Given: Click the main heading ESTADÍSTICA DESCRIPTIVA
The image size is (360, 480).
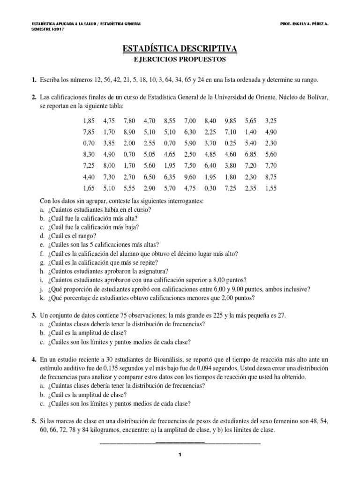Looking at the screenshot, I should pyautogui.click(x=180, y=48).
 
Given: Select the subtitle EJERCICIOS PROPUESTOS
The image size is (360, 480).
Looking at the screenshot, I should pyautogui.click(x=180, y=60).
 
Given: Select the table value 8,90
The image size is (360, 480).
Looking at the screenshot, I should pyautogui.click(x=129, y=133).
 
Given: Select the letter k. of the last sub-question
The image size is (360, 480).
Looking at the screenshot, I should pyautogui.click(x=43, y=298).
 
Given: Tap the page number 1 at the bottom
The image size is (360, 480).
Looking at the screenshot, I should pyautogui.click(x=180, y=455).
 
